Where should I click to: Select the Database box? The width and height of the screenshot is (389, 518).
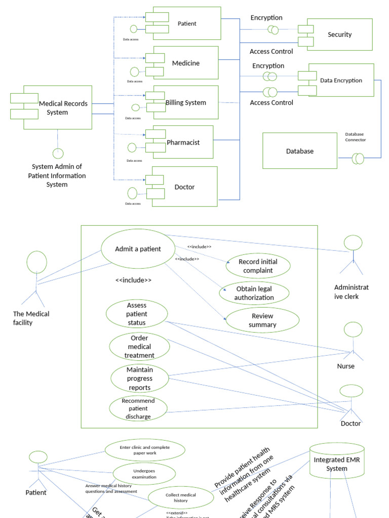[x=299, y=151]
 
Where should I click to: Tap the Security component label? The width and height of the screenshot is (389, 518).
[x=339, y=34]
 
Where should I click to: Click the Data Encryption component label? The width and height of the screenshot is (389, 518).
[x=341, y=80]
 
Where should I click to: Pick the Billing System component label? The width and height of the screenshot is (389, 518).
[x=186, y=102]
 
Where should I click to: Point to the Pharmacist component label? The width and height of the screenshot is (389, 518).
[x=183, y=142]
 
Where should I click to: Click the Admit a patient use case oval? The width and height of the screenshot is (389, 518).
[x=138, y=248]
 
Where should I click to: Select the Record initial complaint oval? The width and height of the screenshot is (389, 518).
[x=258, y=266]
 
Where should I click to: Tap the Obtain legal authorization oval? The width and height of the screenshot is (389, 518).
[x=254, y=293]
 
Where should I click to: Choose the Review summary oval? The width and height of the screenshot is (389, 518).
[x=262, y=320]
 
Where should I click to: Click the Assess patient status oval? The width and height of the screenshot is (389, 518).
[x=136, y=314]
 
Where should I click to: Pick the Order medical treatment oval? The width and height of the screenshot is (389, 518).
[x=139, y=347]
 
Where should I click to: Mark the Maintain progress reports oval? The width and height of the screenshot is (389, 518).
[x=139, y=378]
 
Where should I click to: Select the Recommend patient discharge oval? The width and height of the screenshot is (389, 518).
[x=138, y=408]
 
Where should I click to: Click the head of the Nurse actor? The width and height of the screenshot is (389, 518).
[x=354, y=330]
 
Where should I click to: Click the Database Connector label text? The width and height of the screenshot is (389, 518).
[x=355, y=137]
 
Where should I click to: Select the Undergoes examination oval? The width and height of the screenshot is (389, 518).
[x=144, y=473]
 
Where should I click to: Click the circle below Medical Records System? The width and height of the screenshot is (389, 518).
[x=58, y=153]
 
